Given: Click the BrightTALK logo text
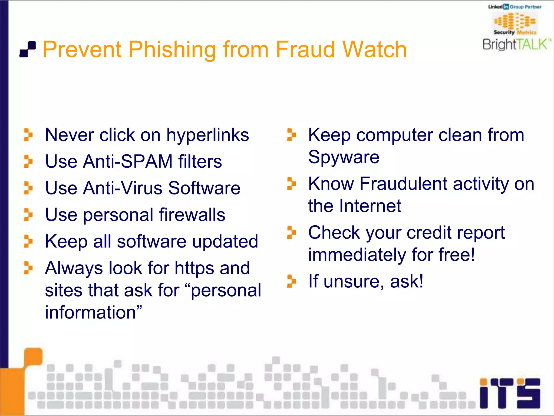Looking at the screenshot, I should [x=516, y=44].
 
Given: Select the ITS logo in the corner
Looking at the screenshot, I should [x=510, y=393].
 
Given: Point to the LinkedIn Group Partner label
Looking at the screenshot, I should [x=515, y=7].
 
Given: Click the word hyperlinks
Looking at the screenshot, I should [x=207, y=135].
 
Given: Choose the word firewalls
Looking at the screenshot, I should [x=192, y=215].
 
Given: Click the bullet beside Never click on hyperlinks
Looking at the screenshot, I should [x=28, y=135].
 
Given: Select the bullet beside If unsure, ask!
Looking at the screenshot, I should [x=291, y=281].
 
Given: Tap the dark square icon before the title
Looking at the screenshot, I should [x=28, y=49].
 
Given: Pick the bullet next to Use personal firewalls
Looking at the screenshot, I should [x=28, y=214].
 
